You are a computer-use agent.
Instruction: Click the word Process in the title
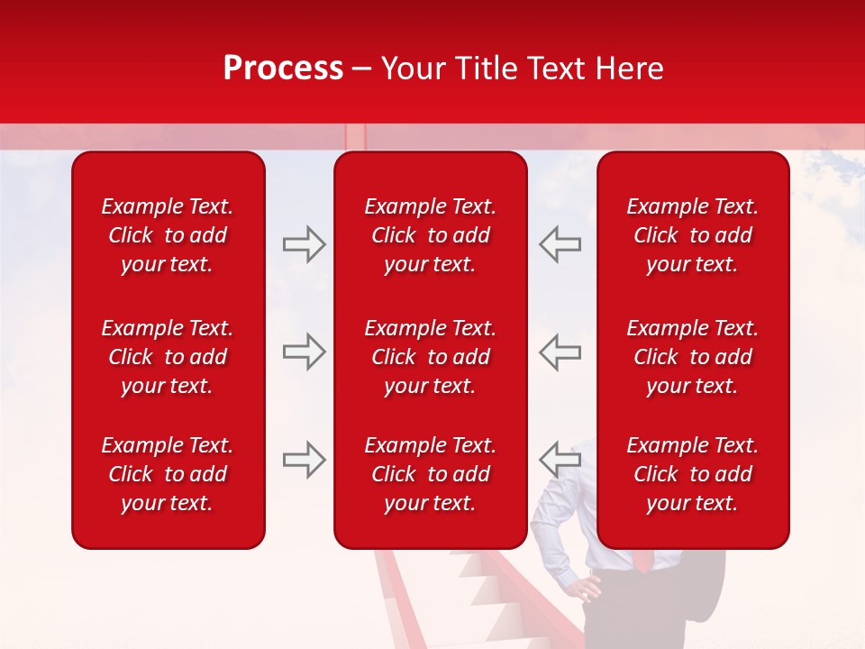[283, 69]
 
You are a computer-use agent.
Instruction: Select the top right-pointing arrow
[304, 244]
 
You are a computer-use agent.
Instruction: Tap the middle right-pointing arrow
[304, 352]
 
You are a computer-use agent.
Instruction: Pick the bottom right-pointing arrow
[304, 460]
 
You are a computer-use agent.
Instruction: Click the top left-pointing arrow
[560, 244]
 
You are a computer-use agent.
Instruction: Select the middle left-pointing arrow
[560, 352]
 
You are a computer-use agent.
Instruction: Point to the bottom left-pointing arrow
[560, 460]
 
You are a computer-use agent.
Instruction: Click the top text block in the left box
[168, 235]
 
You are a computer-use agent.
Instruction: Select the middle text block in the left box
[168, 357]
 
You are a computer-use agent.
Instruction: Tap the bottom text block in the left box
[168, 474]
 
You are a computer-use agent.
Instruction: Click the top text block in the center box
[430, 235]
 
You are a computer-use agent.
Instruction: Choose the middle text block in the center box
[430, 357]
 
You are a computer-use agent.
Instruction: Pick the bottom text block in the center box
[430, 474]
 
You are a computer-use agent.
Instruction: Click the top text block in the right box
[692, 235]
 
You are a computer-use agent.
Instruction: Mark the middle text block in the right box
[692, 357]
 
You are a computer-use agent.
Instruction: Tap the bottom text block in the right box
[692, 474]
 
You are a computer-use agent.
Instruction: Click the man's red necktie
[642, 560]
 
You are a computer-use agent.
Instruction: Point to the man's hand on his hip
[587, 589]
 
